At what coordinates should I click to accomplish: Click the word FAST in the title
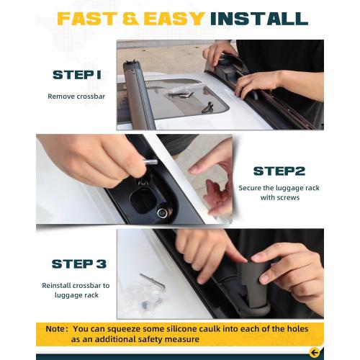pos(86,19)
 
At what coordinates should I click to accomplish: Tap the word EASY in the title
pos(174,19)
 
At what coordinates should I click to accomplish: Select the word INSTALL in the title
pos(259,19)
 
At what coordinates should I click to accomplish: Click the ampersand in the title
pos(130,19)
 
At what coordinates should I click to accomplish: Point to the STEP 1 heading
pos(77,75)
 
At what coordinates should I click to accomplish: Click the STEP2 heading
pos(279,171)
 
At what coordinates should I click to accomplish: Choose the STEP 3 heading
pos(79,264)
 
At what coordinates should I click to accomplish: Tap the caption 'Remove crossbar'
pos(76,96)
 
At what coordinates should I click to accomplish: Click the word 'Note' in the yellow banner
pos(55,328)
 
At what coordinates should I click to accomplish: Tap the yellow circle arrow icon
pos(315,353)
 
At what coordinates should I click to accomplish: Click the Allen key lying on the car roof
pos(153,282)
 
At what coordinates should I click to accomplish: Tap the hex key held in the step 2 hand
pos(149,162)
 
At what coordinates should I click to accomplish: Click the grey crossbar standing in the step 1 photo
pos(138,95)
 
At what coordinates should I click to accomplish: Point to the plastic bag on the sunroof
pos(181,91)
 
